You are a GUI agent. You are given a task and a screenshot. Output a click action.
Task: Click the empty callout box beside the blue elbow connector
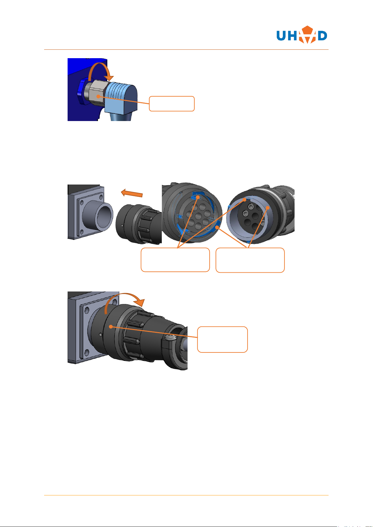(171, 104)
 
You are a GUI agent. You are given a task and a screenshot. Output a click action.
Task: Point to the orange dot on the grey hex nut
(98, 96)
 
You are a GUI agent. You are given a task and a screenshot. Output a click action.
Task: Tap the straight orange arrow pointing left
(132, 193)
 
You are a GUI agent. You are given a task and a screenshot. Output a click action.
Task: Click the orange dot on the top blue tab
(198, 197)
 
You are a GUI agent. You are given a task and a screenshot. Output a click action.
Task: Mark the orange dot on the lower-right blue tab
(217, 227)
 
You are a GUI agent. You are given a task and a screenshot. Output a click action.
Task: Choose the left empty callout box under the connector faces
(175, 260)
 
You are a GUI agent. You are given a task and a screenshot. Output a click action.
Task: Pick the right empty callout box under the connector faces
(250, 260)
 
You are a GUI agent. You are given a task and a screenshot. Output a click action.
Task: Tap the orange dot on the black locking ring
(110, 327)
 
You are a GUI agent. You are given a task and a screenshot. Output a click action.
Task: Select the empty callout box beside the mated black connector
(222, 339)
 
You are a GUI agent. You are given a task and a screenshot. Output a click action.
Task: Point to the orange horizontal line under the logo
(186, 50)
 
